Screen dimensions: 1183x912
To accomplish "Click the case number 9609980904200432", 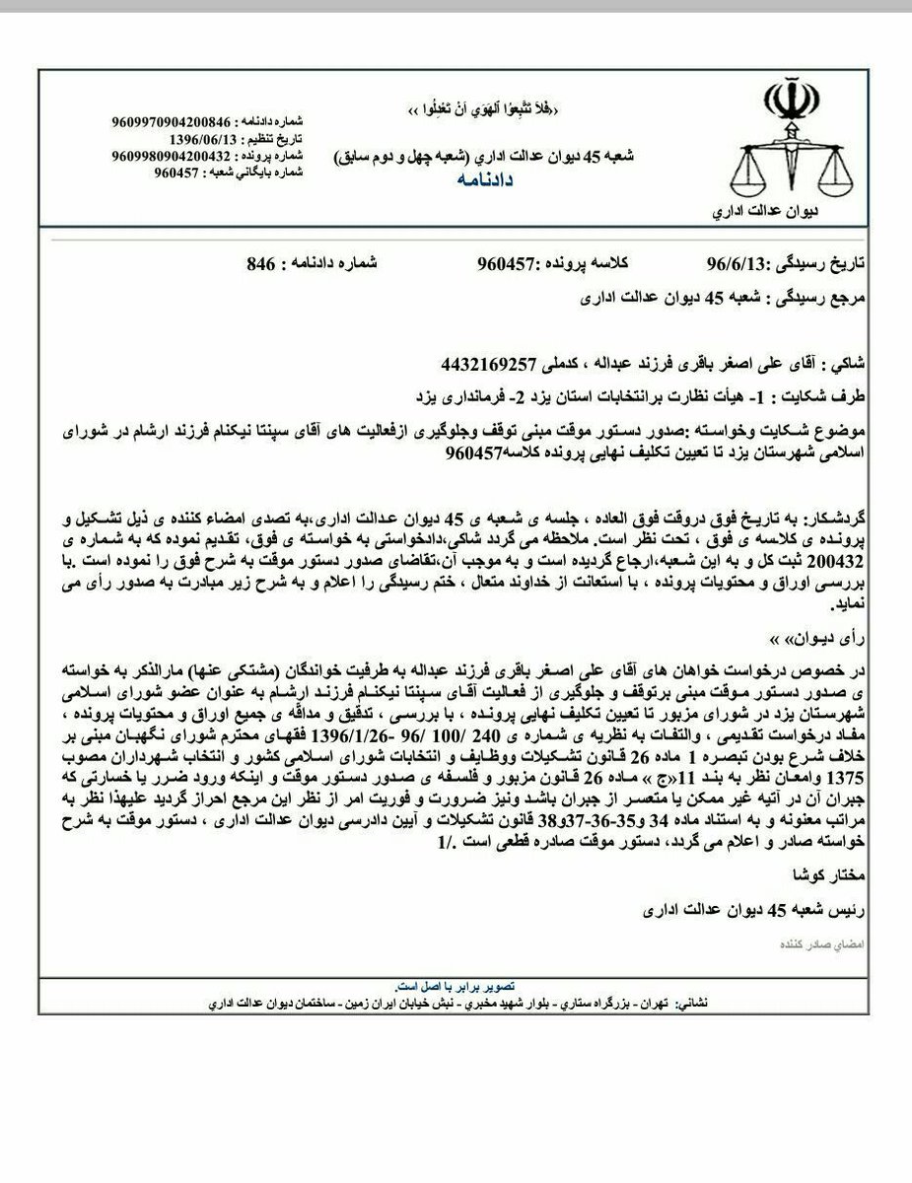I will tap(172, 156).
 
